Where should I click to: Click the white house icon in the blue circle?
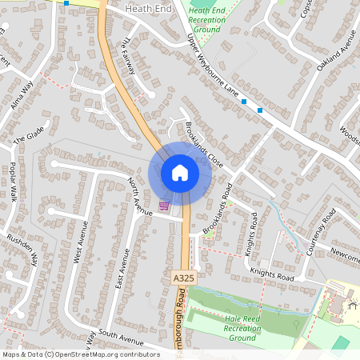click(x=180, y=173)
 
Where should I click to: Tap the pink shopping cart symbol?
click(x=164, y=206)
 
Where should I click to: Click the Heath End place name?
click(x=148, y=6)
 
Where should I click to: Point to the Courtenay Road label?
click(x=325, y=231)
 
